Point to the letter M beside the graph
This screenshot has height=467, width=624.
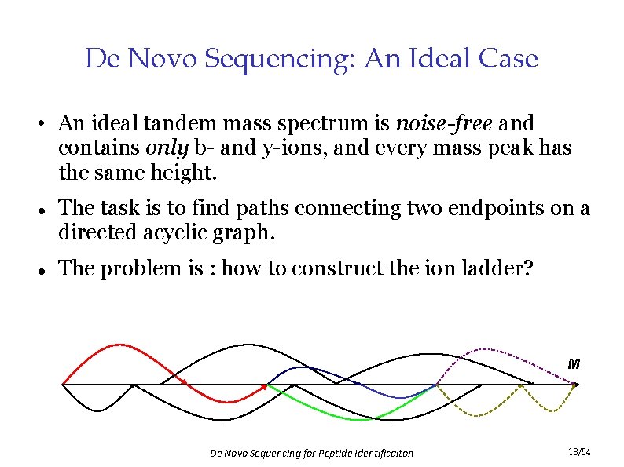pyautogui.click(x=574, y=364)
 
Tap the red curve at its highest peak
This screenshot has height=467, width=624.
pyautogui.click(x=118, y=345)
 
